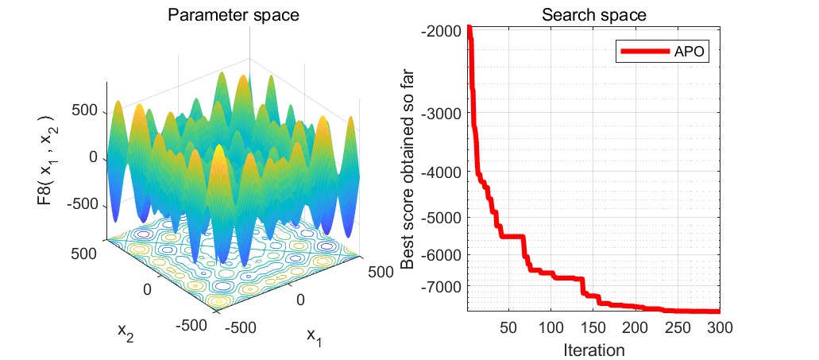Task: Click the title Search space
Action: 593,14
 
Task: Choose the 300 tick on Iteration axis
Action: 718,327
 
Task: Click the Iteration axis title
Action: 593,348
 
